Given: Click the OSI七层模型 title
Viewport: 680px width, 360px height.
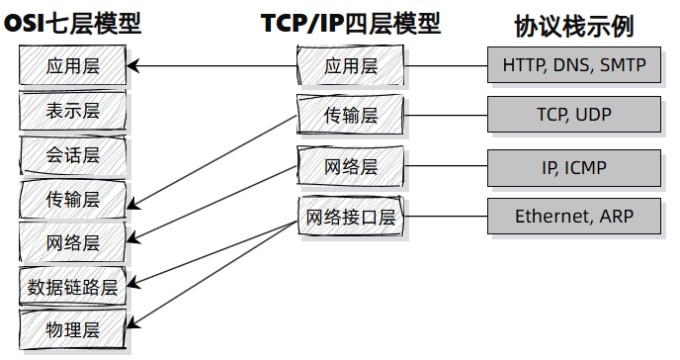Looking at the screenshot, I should [73, 23].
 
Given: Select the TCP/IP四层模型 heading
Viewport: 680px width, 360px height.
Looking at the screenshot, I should [351, 23].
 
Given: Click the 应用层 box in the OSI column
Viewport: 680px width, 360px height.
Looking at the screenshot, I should [73, 66].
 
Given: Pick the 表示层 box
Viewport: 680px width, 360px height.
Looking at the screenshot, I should [73, 111].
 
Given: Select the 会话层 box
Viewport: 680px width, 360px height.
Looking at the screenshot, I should [73, 155].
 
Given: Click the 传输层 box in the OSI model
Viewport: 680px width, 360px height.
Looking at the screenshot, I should [73, 199].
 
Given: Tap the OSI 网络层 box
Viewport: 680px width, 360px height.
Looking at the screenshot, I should [73, 242].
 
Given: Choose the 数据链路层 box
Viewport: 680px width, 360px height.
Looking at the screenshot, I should [73, 287].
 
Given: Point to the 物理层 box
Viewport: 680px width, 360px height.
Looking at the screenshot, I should [73, 328].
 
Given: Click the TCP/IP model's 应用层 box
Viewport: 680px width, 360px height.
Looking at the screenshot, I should [351, 66].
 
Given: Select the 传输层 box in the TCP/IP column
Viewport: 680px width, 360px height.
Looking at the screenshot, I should [351, 115].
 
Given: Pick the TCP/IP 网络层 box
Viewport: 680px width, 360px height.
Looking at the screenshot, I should [351, 165].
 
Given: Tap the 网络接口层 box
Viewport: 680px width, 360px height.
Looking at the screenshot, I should [351, 217].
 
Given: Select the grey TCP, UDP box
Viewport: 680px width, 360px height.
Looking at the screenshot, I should [574, 115].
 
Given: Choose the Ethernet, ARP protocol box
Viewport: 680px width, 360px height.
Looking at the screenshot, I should [574, 217].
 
